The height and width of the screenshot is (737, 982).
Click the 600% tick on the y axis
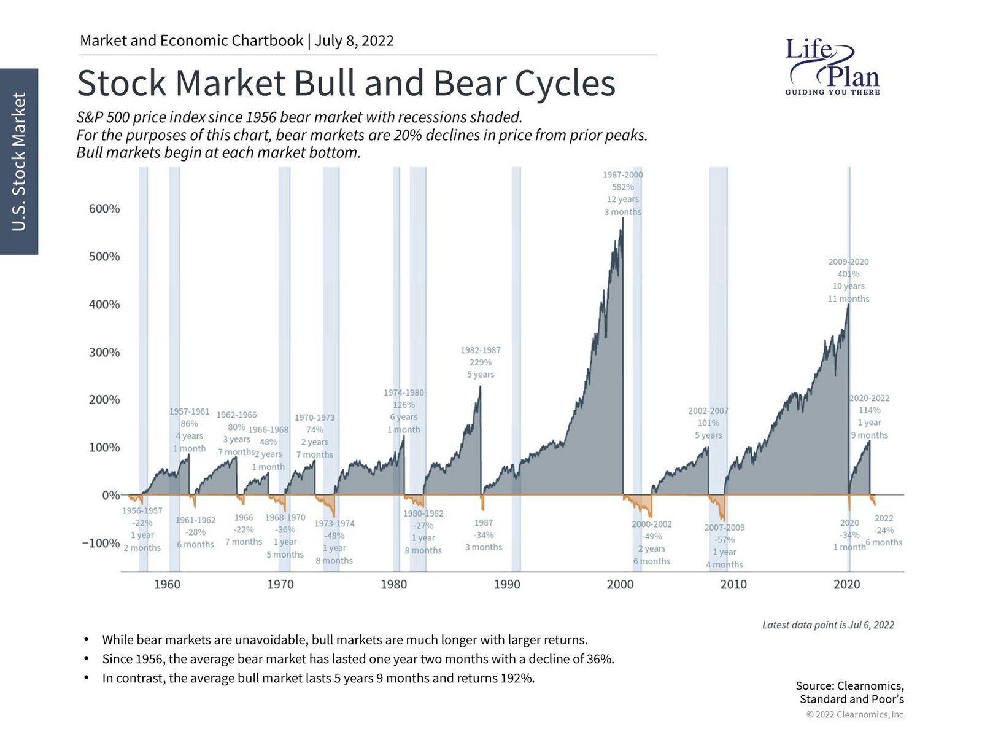click(x=104, y=209)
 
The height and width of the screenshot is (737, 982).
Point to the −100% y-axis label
click(x=101, y=544)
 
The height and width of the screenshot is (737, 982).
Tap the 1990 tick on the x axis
click(x=507, y=584)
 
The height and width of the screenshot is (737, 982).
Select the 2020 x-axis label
click(x=846, y=584)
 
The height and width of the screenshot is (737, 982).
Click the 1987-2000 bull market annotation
click(x=622, y=193)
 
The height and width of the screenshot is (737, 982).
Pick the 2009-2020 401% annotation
click(x=848, y=280)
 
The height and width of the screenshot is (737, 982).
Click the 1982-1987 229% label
click(x=481, y=362)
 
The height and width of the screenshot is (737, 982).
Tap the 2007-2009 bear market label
click(x=724, y=545)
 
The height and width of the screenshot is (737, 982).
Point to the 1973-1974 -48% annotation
click(x=334, y=542)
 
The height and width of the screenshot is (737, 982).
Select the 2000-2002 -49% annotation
click(x=652, y=542)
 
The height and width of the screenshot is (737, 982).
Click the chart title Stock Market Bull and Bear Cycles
click(x=346, y=83)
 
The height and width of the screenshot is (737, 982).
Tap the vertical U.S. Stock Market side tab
click(x=19, y=162)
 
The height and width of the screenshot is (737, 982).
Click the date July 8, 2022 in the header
click(x=354, y=41)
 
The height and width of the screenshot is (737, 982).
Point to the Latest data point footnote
click(x=827, y=625)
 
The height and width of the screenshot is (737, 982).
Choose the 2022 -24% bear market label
click(x=884, y=530)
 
